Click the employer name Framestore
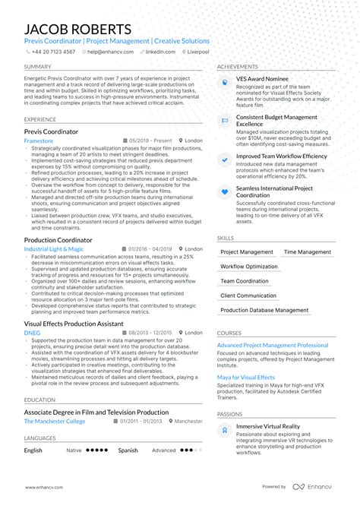coord(39,141)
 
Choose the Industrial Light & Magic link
coord(54,248)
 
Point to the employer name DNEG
coord(32,332)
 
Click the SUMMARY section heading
coord(38,67)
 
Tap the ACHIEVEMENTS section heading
coord(238,67)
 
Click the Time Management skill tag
coord(308,252)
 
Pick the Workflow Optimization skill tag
coord(249,267)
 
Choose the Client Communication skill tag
coord(248,296)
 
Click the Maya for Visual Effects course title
coord(246,378)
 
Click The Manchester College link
coord(55,421)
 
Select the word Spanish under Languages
coord(128,450)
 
